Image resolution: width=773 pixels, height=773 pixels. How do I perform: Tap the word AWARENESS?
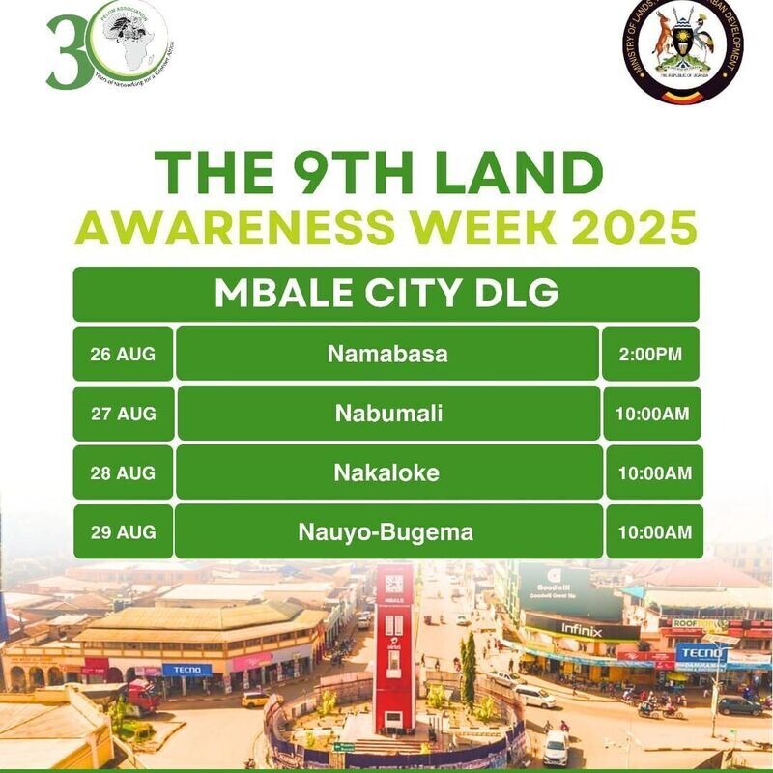point(221,228)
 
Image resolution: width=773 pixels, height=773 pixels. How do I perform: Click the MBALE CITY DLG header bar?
point(386,294)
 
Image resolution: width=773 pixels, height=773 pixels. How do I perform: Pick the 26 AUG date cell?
point(123,354)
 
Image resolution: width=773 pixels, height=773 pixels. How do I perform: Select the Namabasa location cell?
point(387,354)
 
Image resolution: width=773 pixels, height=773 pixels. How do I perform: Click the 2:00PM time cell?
point(649,354)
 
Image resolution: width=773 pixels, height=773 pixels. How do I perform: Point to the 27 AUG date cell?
point(123,414)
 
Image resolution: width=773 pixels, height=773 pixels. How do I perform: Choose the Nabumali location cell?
point(388,414)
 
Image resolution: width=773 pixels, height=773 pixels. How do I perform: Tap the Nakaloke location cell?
point(388,472)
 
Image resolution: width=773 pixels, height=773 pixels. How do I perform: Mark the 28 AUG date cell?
point(123,472)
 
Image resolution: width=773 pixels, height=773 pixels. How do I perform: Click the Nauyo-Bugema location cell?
point(387,531)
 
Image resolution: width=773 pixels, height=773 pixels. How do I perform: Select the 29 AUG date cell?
point(123,531)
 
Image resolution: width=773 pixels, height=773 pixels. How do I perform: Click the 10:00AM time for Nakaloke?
point(654,472)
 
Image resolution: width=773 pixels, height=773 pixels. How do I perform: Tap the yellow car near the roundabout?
point(255,699)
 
